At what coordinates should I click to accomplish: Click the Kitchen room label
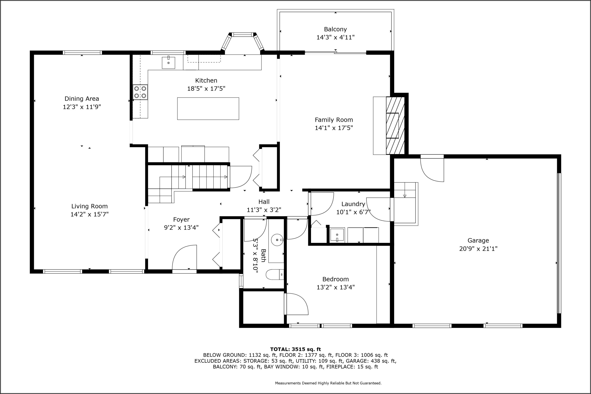(206, 80)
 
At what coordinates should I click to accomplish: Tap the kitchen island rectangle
(208, 109)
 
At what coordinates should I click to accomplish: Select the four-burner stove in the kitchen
(140, 92)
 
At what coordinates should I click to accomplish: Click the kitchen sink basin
(168, 63)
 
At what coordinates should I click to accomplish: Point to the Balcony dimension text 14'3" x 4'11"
(335, 37)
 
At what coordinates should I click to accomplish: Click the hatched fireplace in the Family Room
(395, 125)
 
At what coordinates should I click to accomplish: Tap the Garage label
(478, 241)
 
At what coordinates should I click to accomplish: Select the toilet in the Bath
(275, 275)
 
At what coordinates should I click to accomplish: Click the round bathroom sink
(277, 240)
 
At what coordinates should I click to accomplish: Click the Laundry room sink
(337, 235)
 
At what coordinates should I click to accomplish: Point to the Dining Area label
(82, 99)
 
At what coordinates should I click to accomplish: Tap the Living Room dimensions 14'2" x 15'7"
(89, 214)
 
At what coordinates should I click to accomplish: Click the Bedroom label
(335, 279)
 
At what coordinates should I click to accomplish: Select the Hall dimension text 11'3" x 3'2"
(264, 210)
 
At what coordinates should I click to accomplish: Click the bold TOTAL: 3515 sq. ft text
(295, 349)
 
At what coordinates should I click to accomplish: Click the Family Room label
(334, 120)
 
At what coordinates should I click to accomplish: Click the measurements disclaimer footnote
(328, 383)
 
